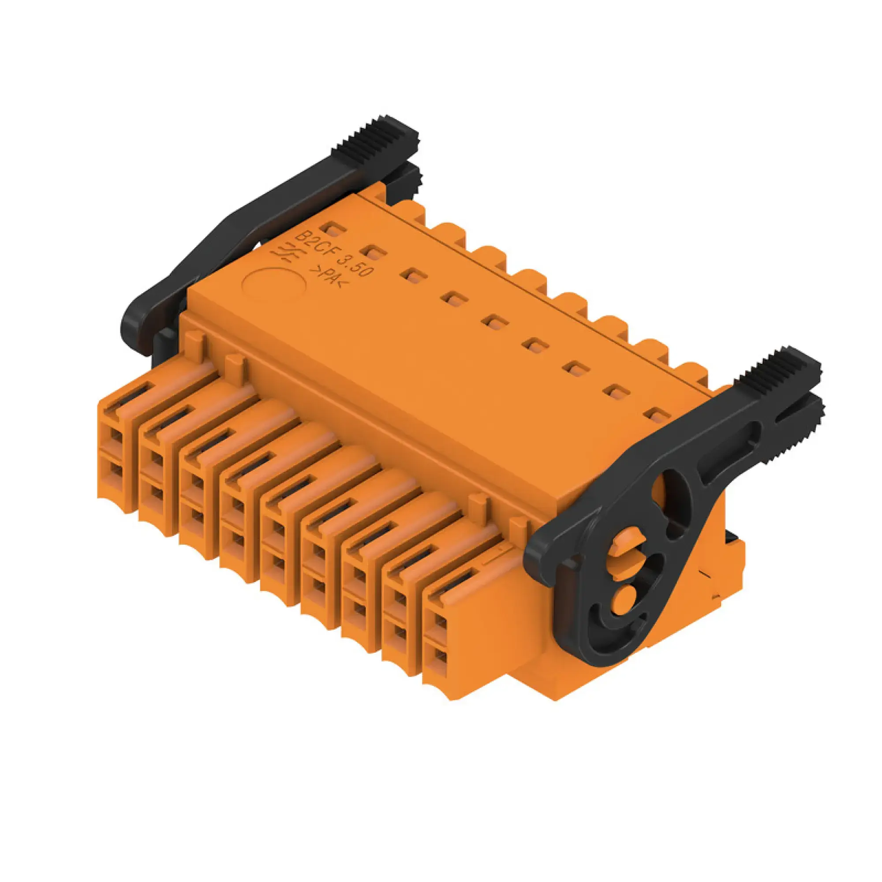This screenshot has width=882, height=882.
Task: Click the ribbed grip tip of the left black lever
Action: click(x=389, y=130)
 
